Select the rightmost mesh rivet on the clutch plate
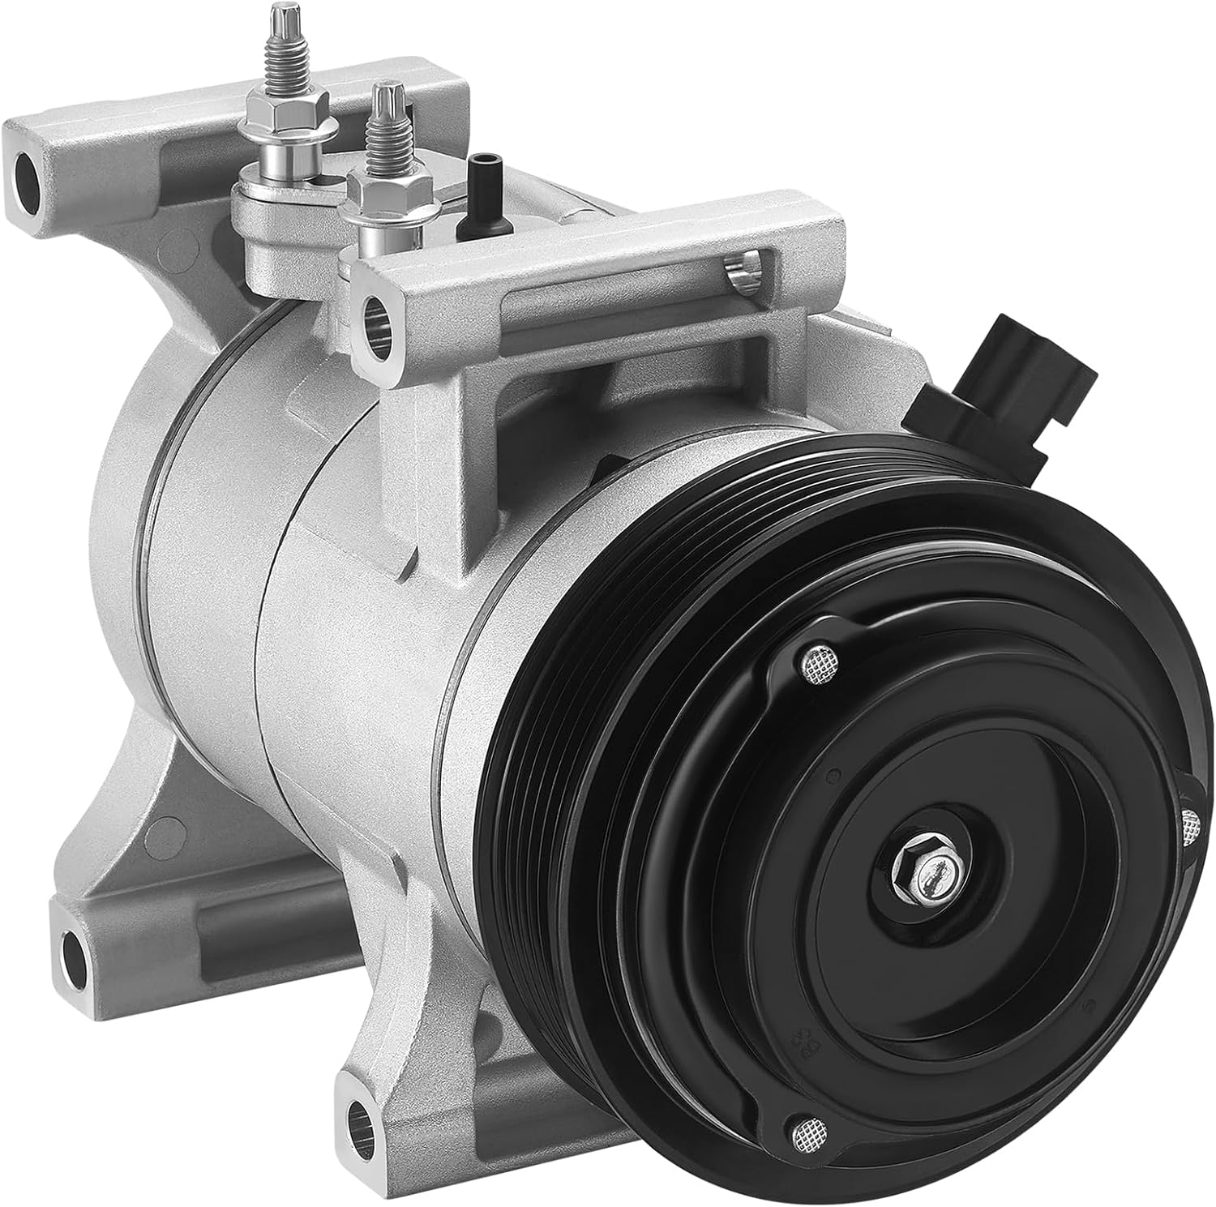point(1190,828)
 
